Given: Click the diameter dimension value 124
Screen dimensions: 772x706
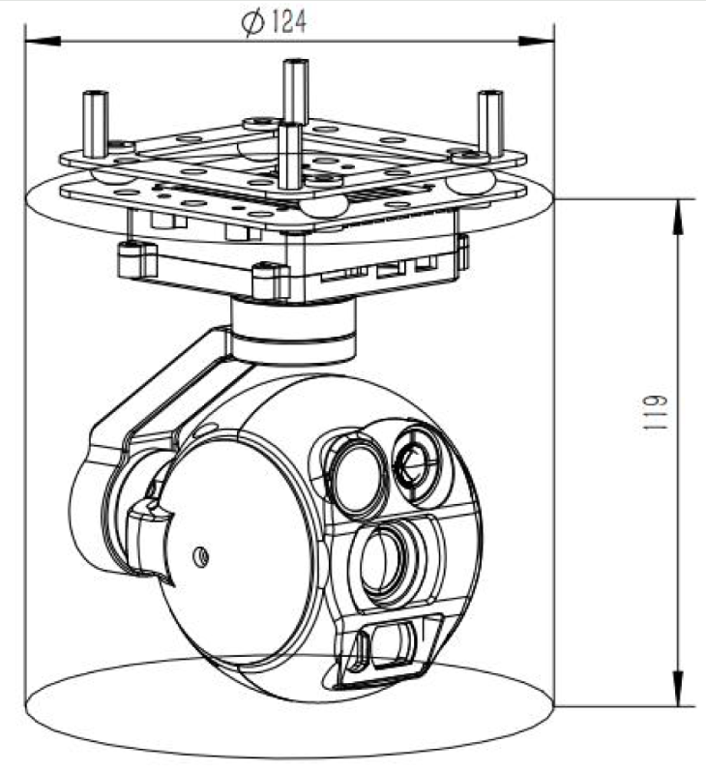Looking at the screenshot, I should click(x=288, y=22).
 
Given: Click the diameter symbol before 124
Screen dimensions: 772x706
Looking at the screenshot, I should click(x=253, y=23).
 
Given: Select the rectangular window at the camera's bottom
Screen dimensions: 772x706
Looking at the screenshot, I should click(x=391, y=650).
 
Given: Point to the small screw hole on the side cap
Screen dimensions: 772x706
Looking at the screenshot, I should click(x=201, y=555).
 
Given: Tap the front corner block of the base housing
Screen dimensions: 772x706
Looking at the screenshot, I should click(x=268, y=281).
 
